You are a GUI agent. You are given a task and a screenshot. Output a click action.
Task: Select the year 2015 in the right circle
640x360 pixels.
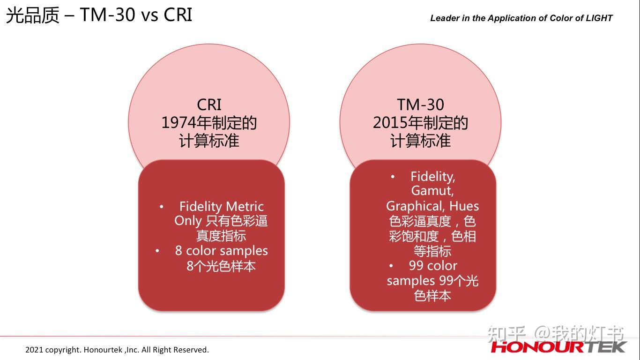[390, 123]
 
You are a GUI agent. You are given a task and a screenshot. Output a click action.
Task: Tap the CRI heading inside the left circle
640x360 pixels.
[209, 105]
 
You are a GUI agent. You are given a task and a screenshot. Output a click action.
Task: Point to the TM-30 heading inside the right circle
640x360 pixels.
[420, 105]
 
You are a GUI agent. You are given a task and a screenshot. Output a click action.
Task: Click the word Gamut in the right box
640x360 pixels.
[432, 191]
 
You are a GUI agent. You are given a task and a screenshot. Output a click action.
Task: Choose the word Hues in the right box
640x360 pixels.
[464, 206]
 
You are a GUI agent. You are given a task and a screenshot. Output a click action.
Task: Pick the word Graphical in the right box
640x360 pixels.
[416, 206]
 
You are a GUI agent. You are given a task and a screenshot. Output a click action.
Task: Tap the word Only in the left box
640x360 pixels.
[188, 221]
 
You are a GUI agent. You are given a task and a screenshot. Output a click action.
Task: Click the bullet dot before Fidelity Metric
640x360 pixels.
[162, 206]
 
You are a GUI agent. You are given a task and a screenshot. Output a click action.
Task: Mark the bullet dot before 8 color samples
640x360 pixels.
[157, 251]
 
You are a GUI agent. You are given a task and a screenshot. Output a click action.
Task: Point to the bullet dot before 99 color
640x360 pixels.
[391, 266]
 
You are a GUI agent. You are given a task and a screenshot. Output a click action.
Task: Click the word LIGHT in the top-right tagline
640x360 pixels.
[599, 18]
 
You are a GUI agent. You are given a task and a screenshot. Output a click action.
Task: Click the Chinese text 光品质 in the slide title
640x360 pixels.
[33, 15]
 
